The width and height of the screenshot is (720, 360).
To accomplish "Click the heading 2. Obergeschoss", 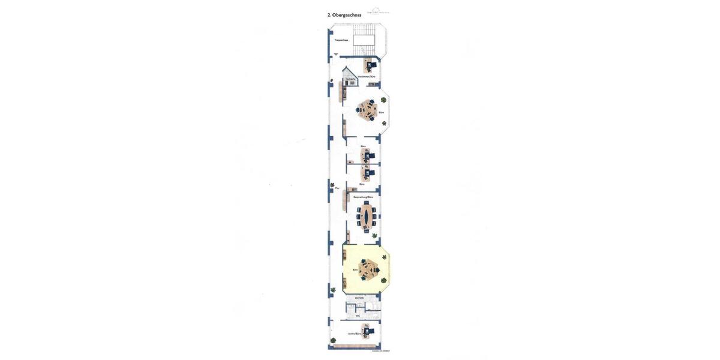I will click(344, 15).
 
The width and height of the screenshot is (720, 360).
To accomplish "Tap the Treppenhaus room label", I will click(341, 40).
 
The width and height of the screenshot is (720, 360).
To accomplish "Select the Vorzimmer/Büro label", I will click(367, 77).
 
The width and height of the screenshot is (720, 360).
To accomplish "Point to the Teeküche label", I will click(350, 79).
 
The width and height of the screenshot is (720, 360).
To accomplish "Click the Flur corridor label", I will click(337, 188).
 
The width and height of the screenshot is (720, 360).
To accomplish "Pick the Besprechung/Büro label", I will click(363, 197).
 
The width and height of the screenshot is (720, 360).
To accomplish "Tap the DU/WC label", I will click(359, 298).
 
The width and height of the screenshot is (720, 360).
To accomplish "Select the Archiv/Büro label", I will click(355, 334).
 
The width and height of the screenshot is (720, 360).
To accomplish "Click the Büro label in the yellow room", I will click(355, 270).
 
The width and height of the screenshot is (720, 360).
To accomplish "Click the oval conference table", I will click(367, 217).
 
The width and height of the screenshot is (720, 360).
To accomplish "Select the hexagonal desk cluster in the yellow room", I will click(369, 269).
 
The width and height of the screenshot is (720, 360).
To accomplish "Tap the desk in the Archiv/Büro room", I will click(366, 331).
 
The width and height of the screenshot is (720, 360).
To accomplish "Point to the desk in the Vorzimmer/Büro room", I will click(370, 64).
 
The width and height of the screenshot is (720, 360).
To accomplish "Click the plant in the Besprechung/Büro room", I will click(374, 236).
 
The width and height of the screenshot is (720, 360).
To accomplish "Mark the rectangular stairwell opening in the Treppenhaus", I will click(364, 40).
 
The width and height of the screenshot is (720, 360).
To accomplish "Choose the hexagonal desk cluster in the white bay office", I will click(368, 110).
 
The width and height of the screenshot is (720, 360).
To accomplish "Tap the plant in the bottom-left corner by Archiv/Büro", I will click(333, 290).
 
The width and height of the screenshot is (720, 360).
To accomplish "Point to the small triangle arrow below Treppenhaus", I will click(336, 55).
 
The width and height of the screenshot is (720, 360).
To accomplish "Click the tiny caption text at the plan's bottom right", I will click(381, 352).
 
